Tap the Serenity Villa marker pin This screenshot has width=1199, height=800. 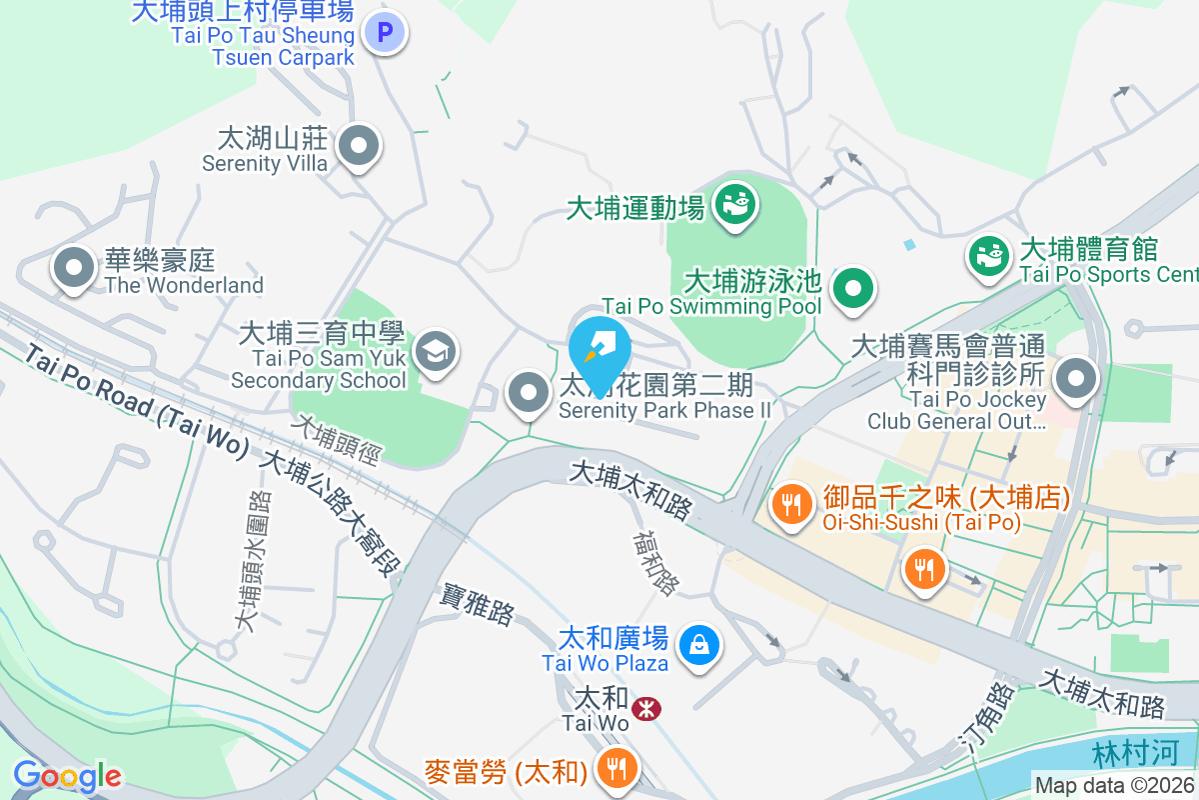coord(358,147)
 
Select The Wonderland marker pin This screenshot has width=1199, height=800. coord(73,267)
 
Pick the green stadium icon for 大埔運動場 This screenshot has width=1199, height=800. coord(736,205)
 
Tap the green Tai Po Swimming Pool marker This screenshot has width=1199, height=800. coord(852,289)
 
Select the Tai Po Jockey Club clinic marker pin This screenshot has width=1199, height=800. coord(1075,379)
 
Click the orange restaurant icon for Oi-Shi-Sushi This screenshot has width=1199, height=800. coord(792,503)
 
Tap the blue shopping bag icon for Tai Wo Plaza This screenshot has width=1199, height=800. coord(700,644)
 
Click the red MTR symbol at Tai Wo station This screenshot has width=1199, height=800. coord(646,709)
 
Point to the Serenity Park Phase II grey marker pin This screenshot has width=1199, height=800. coord(529,393)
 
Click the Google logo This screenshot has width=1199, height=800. coord(67,775)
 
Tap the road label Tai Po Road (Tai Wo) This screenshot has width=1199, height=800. coord(136,402)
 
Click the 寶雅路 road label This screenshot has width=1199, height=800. coord(478,605)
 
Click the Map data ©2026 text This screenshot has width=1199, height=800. coord(1113,786)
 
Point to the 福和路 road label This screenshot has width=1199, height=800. coord(655,562)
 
